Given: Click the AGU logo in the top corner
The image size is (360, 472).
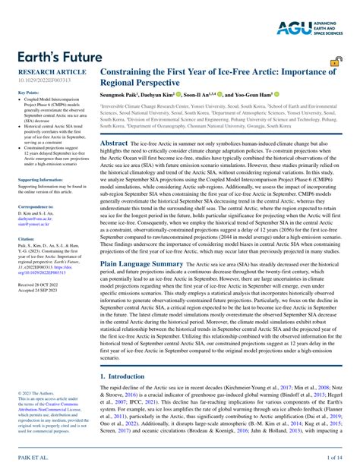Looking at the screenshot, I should point(311,29).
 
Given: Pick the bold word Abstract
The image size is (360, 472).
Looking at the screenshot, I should point(114,142).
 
